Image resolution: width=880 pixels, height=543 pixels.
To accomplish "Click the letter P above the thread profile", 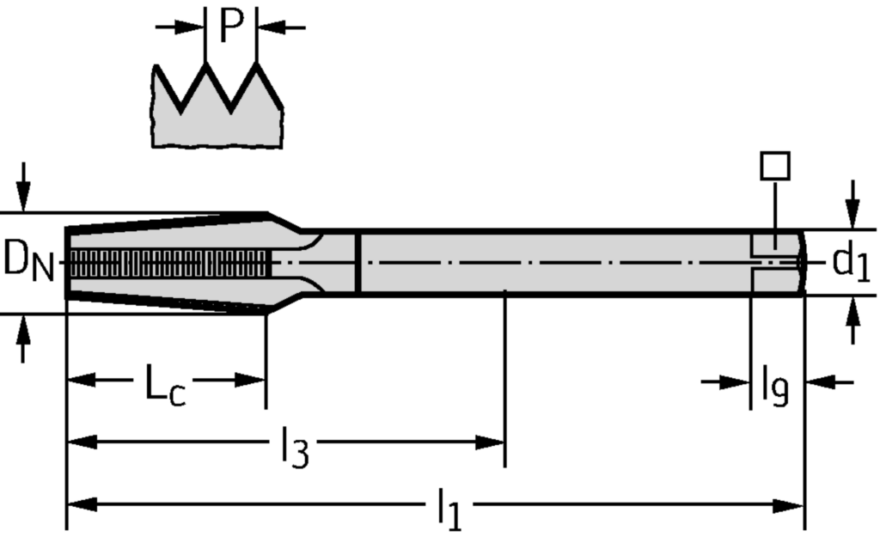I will tap(232, 27).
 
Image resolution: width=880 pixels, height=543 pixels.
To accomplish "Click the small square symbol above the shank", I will tap(774, 166).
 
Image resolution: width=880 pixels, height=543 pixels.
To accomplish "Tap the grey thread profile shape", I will tap(219, 120).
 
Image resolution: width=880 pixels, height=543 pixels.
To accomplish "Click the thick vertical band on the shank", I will tap(357, 263).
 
